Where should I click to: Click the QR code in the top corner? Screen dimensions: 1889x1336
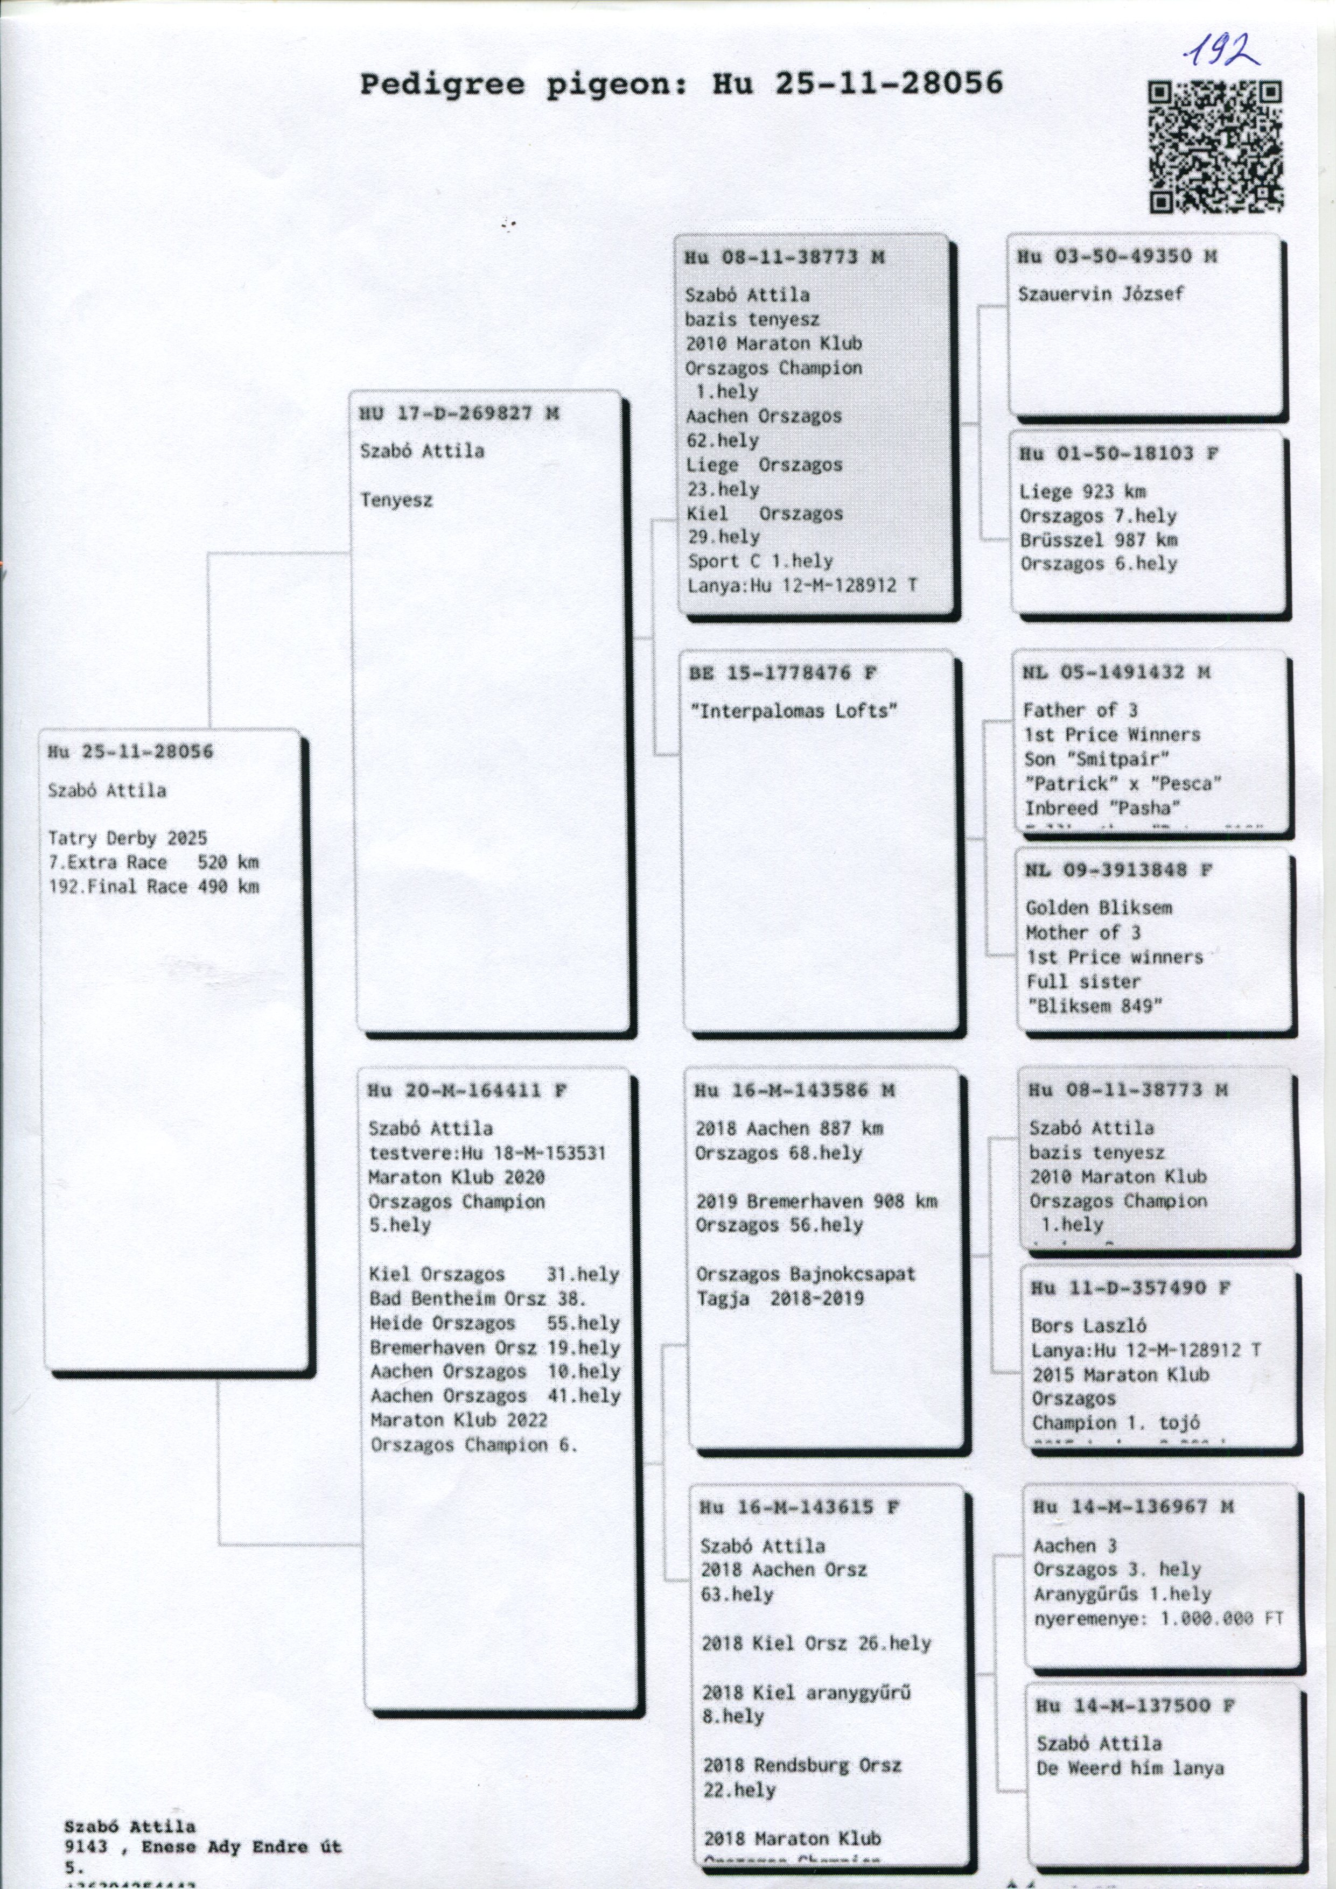tap(1215, 146)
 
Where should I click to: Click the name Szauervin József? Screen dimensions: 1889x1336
tap(1101, 294)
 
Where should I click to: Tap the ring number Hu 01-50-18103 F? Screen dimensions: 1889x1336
tap(1118, 453)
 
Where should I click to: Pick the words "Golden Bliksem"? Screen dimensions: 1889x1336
tap(1098, 908)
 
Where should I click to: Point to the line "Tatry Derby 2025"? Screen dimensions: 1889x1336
tap(128, 838)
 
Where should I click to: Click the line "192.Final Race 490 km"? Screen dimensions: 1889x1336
tap(154, 886)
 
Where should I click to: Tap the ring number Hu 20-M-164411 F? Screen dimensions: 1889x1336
tap(467, 1091)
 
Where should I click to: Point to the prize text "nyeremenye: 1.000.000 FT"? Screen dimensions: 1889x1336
tap(1158, 1618)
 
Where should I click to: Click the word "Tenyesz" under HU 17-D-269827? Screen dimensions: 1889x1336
tap(396, 500)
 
